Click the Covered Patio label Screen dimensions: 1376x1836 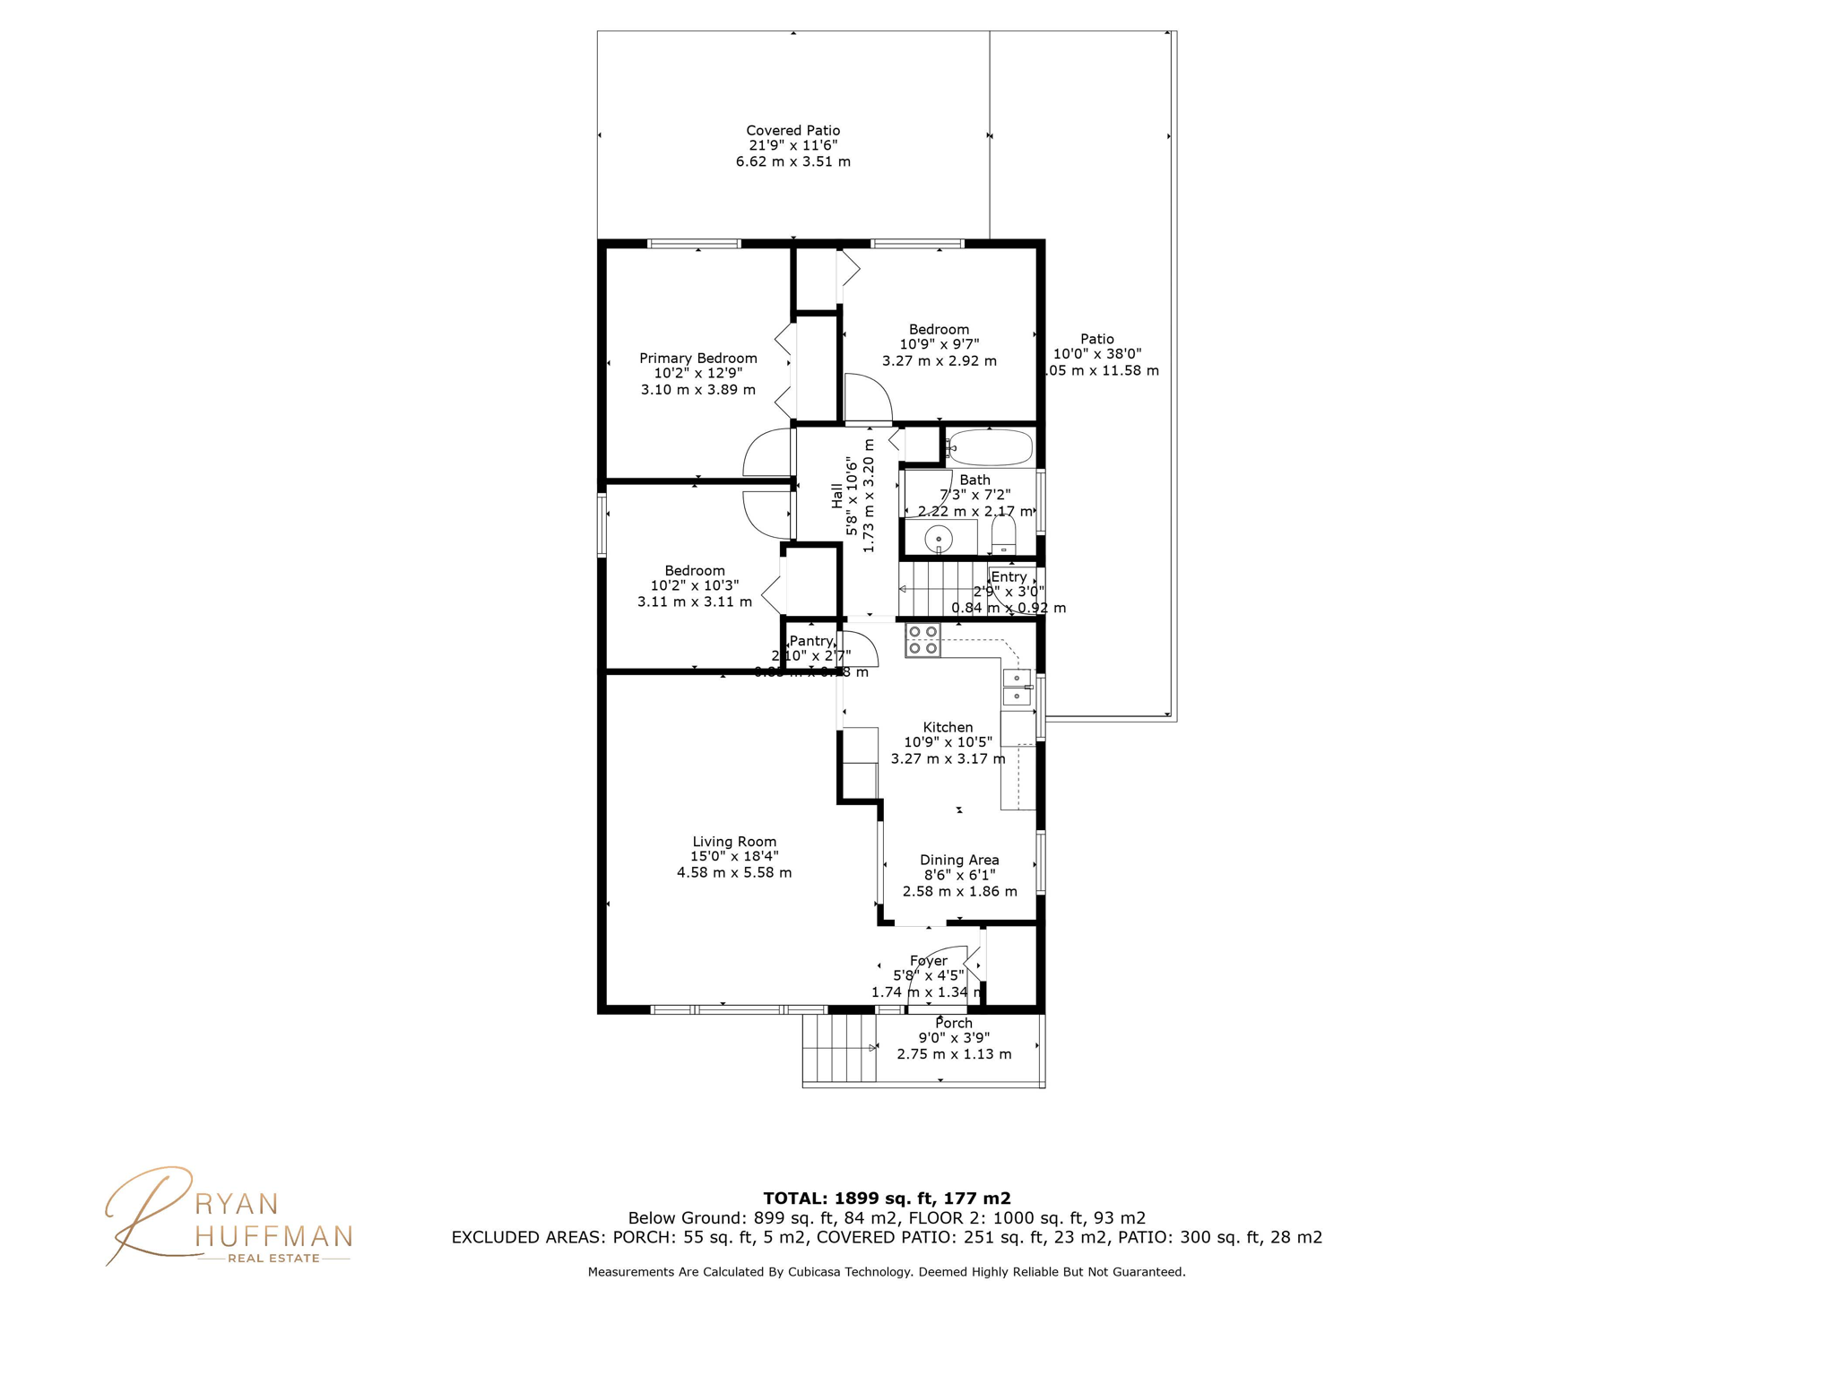792,131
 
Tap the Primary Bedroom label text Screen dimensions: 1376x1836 697,359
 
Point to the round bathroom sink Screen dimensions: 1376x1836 939,540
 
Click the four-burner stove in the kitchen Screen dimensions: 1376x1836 922,640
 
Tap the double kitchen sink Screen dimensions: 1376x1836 1016,687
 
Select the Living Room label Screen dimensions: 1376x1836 734,842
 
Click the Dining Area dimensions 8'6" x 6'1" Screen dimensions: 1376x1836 959,875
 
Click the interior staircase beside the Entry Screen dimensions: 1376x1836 941,589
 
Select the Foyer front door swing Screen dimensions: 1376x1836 937,975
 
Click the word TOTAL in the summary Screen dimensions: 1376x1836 794,1199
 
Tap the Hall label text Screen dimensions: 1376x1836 836,496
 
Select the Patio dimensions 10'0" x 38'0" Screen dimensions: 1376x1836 1096,354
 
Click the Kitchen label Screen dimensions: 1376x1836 948,727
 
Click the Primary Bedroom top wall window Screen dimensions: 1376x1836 694,243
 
